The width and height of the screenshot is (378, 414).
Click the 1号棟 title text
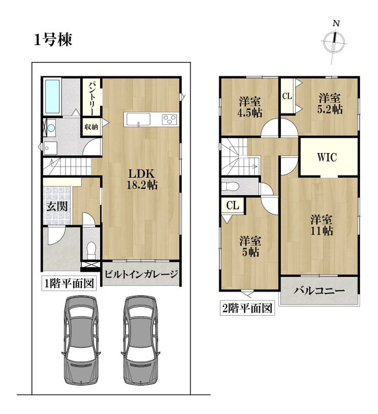53,40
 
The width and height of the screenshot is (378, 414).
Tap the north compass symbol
334,42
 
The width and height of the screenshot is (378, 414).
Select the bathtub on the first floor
52,97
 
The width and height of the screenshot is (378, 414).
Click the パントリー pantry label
91,98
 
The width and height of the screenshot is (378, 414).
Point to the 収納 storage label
91,127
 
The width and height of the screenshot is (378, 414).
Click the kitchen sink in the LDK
138,119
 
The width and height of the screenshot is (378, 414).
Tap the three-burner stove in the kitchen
169,119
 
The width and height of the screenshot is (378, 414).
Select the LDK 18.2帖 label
142,179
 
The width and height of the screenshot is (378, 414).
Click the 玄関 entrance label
57,206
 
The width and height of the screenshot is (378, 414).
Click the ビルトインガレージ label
141,274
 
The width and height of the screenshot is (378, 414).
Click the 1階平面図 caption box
69,284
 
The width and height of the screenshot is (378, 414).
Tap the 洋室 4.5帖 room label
250,107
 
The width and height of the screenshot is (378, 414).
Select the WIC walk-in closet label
327,157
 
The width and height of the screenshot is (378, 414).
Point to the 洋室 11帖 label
321,225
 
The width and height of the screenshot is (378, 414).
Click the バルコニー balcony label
319,291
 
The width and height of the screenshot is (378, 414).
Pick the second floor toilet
230,186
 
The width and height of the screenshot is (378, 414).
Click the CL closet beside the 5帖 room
233,205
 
